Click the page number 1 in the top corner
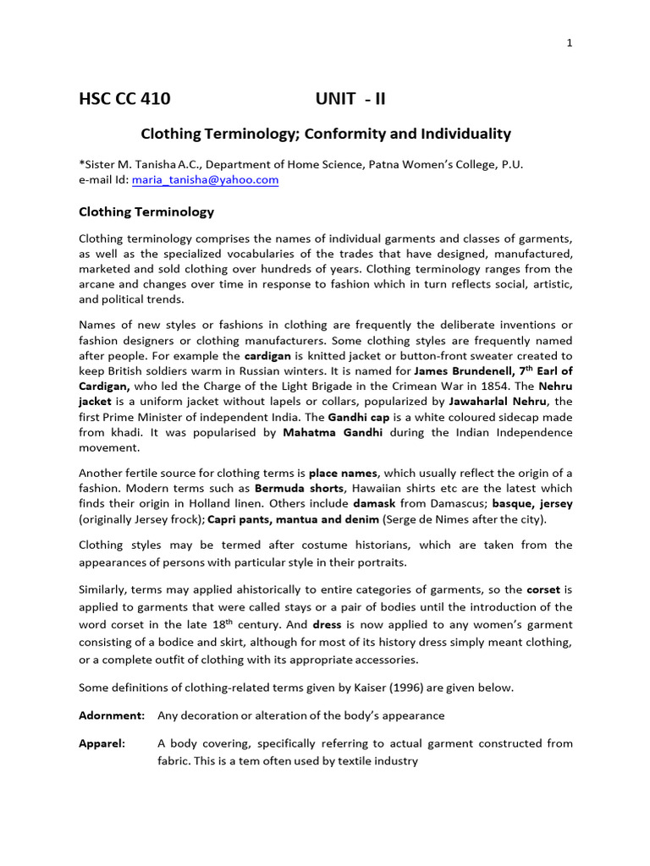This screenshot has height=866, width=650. click(570, 44)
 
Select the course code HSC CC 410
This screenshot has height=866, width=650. click(124, 99)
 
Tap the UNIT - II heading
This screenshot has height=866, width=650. click(350, 99)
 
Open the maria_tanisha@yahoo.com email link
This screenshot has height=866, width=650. click(205, 180)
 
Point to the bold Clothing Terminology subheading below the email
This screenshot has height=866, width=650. click(146, 212)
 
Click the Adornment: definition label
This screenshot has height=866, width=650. click(112, 715)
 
